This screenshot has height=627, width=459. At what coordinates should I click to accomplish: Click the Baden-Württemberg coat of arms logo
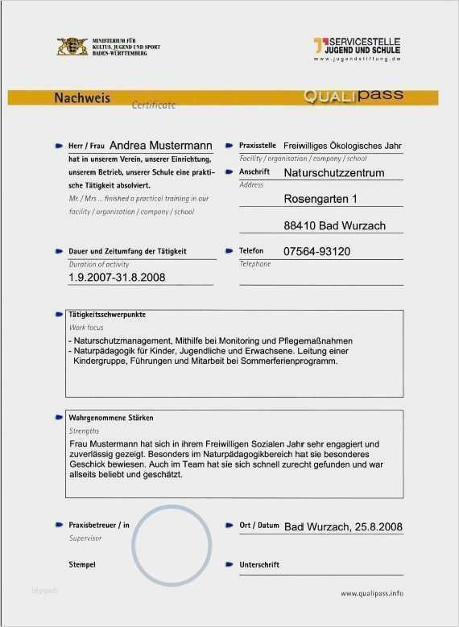click(72, 47)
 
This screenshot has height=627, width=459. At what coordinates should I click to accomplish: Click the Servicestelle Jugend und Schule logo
click(357, 47)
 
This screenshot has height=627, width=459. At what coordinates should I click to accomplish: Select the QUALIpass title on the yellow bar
click(353, 97)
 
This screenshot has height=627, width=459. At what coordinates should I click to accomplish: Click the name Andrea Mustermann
click(160, 146)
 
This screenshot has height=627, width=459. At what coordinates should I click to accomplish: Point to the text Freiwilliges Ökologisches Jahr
click(342, 146)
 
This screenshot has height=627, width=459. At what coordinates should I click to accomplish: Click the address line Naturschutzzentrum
click(334, 173)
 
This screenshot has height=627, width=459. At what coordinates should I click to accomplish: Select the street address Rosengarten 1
click(320, 199)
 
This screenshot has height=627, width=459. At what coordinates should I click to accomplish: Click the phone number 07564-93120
click(317, 252)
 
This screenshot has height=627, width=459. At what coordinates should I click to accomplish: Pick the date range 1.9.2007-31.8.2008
click(117, 278)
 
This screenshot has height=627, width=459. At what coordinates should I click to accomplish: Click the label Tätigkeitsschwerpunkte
click(106, 315)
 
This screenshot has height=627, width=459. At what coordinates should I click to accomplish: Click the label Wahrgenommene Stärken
click(110, 419)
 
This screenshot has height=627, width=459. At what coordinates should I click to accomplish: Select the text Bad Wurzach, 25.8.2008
click(343, 526)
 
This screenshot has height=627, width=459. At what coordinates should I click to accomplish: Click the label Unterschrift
click(259, 565)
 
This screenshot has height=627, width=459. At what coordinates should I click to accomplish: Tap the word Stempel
click(82, 565)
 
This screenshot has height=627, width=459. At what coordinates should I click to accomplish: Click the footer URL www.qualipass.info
click(371, 593)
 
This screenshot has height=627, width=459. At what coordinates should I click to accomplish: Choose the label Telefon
click(251, 251)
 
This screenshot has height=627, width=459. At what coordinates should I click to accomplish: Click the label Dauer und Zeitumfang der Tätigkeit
click(127, 251)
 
